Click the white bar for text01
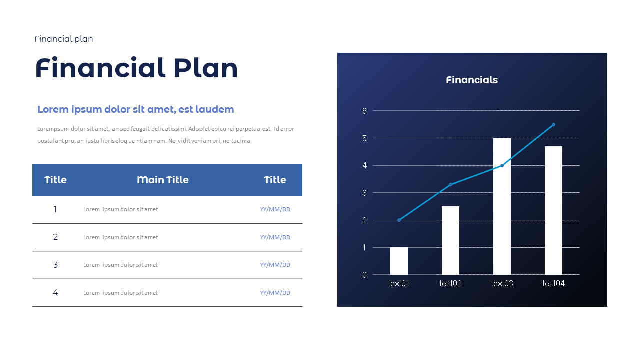(399, 261)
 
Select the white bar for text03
(502, 206)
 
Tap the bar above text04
(553, 210)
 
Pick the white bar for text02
(450, 240)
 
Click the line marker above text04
(553, 125)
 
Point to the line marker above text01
(399, 220)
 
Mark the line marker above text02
(450, 185)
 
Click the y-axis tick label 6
(364, 111)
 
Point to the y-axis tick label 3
(364, 193)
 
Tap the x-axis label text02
(450, 284)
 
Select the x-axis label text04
(553, 284)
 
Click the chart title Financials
(472, 80)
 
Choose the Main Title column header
(163, 180)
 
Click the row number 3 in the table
(55, 265)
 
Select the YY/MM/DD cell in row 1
(275, 209)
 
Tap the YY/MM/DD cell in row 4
(275, 293)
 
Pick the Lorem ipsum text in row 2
(120, 237)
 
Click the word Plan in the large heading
(206, 69)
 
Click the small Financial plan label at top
(64, 39)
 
